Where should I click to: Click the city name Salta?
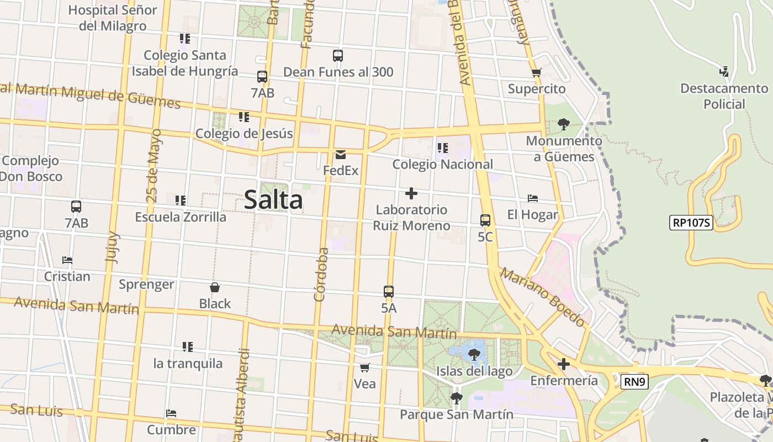click(273, 200)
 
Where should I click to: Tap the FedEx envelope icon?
click(340, 155)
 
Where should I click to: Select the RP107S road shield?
click(691, 223)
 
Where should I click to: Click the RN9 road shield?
click(634, 382)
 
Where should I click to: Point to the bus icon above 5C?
click(485, 220)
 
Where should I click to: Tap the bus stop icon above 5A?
click(389, 292)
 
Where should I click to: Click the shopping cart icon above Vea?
click(364, 367)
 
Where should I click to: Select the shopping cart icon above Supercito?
click(536, 72)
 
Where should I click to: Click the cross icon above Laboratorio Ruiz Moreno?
click(411, 193)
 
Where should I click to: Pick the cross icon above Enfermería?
click(563, 364)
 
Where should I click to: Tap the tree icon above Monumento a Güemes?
click(563, 124)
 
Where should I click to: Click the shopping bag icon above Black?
click(215, 287)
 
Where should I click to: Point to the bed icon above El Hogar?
click(532, 198)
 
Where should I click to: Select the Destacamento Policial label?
click(724, 96)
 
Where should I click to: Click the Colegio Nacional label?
click(442, 164)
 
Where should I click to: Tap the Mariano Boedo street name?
click(542, 297)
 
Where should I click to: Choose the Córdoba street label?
click(321, 275)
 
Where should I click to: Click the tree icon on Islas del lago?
click(474, 355)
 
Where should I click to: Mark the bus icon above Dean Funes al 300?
click(338, 56)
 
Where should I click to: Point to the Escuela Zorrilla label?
click(181, 217)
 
